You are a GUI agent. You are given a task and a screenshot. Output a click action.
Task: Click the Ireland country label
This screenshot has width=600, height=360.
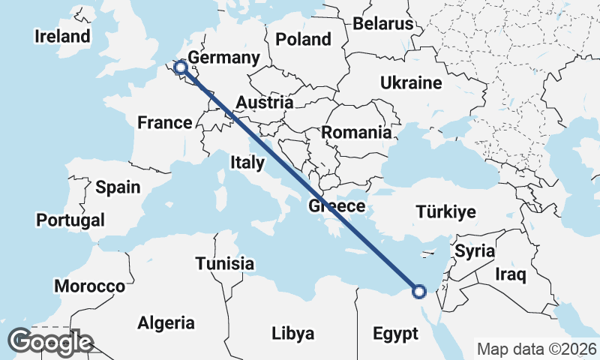(x=62, y=36)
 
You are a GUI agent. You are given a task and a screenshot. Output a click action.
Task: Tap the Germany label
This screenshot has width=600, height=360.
(x=223, y=58)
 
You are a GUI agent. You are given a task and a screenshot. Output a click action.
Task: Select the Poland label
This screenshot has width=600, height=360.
(x=303, y=39)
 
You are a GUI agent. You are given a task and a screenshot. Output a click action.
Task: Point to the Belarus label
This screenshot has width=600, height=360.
(x=383, y=23)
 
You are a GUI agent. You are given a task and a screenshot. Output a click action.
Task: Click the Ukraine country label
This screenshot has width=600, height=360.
(x=411, y=83)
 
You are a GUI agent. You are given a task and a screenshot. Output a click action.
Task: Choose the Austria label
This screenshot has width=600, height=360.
(x=264, y=102)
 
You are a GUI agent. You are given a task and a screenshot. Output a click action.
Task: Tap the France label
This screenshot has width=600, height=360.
(x=165, y=122)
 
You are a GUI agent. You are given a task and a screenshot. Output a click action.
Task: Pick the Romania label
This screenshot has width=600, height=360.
(x=356, y=133)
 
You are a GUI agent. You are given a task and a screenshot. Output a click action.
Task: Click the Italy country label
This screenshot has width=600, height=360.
(x=247, y=162)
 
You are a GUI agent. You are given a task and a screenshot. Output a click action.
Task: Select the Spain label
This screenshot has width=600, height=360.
(x=118, y=187)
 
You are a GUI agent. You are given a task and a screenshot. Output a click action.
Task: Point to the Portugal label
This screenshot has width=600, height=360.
(x=70, y=220)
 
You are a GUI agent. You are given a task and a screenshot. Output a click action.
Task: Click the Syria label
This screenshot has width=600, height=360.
(x=475, y=250)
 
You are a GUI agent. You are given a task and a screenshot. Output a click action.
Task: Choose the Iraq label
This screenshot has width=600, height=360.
(x=511, y=274)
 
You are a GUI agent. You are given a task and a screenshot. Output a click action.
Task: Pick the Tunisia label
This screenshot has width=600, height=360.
(x=224, y=264)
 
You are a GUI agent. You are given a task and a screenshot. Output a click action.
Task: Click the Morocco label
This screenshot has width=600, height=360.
(x=89, y=286)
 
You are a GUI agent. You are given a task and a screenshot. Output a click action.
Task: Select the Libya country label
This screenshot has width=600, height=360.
(x=292, y=333)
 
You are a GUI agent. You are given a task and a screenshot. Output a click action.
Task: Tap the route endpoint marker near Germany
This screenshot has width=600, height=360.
(x=180, y=69)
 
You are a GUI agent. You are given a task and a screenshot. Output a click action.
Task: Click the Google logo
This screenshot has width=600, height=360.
(x=49, y=342)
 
